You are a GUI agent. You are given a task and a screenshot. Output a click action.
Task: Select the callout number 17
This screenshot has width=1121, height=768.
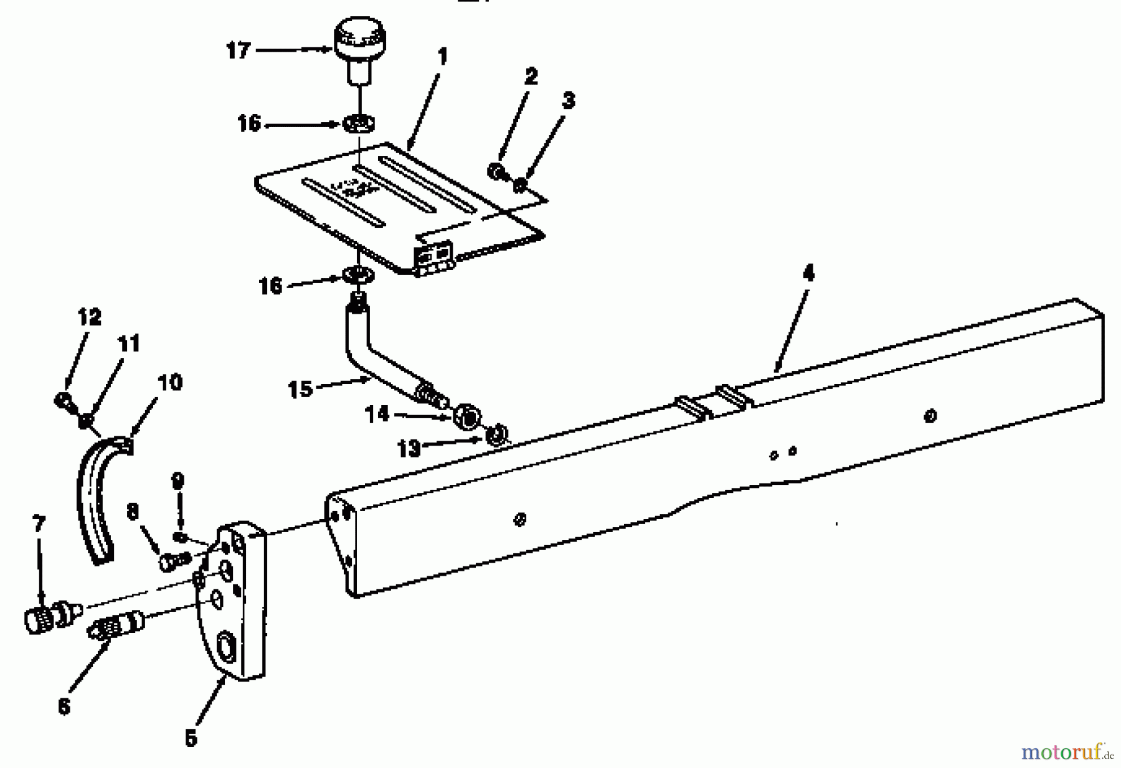coord(238,50)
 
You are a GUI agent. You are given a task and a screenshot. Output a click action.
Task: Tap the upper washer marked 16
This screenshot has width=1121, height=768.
coord(358,123)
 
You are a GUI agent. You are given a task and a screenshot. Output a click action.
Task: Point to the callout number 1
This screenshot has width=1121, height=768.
coord(442,57)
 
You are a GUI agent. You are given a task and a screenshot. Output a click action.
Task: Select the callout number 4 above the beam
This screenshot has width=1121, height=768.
coord(808,273)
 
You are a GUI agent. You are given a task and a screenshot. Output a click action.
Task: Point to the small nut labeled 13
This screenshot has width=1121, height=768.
coord(496,436)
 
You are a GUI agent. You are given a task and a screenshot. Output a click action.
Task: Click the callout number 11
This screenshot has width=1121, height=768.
coord(129,344)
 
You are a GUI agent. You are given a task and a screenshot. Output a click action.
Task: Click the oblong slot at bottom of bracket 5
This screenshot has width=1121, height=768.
coord(225,647)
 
